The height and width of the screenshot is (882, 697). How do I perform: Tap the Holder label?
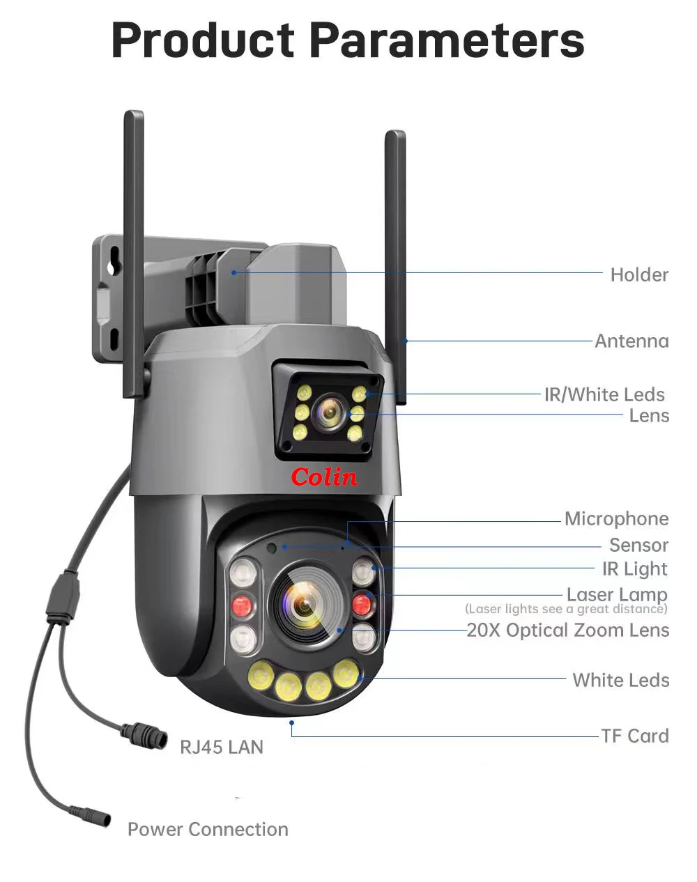pos(639,274)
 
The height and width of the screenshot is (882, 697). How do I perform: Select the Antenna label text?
pos(631,341)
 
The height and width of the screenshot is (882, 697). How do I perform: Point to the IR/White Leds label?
pos(604,394)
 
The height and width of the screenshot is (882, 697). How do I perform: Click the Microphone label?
pos(616,518)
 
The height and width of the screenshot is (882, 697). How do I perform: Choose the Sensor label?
pos(638,545)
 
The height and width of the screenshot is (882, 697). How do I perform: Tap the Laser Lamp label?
pos(617,594)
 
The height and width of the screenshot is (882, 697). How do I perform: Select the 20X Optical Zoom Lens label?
pos(567,630)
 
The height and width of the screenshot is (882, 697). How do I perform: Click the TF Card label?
pos(634,736)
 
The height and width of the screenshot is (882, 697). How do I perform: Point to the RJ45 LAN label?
pos(222,747)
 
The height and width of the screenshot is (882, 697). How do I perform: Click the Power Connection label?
pos(208,829)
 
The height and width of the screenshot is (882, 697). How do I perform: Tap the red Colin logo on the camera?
pos(324,477)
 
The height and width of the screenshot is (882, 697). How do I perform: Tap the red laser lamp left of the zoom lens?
pos(242,603)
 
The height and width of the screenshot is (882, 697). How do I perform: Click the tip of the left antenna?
pos(133,116)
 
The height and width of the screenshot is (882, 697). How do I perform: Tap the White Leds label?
pos(620,680)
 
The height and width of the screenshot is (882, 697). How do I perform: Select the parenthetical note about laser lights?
pos(566,610)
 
